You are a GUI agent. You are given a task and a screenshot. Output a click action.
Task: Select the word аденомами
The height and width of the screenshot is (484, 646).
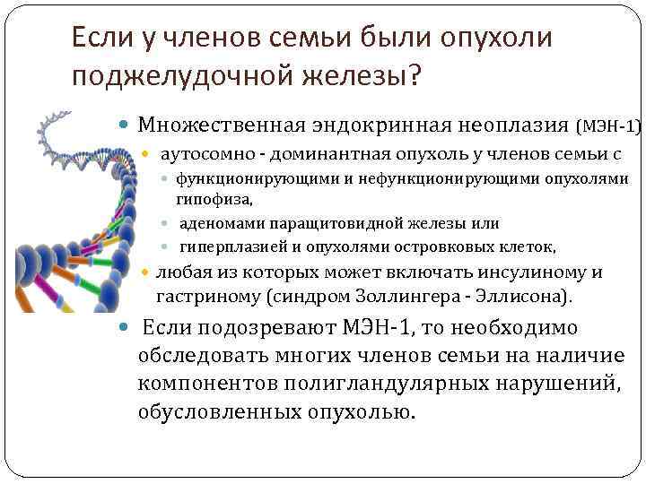218,223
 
